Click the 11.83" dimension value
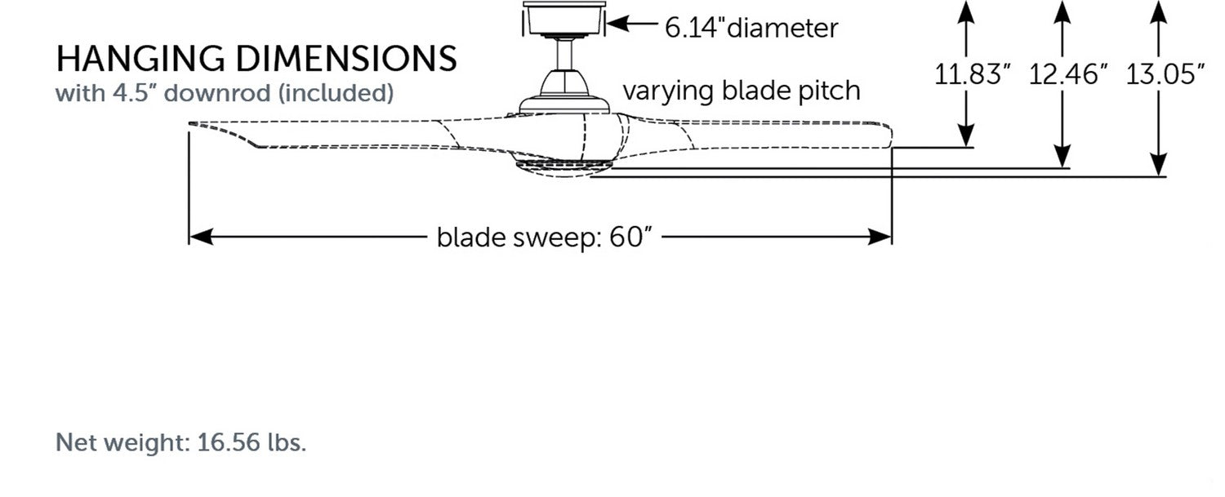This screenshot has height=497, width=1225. tap(973, 74)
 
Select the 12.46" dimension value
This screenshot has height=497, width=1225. tap(1068, 74)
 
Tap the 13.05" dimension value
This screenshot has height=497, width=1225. tap(1165, 74)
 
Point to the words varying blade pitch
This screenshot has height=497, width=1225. tap(742, 90)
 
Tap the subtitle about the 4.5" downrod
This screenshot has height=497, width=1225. tap(225, 93)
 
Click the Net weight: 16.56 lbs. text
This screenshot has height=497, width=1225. tap(180, 444)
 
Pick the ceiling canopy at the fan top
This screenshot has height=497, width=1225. tap(564, 19)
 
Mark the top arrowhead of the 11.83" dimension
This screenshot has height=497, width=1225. tap(966, 10)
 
